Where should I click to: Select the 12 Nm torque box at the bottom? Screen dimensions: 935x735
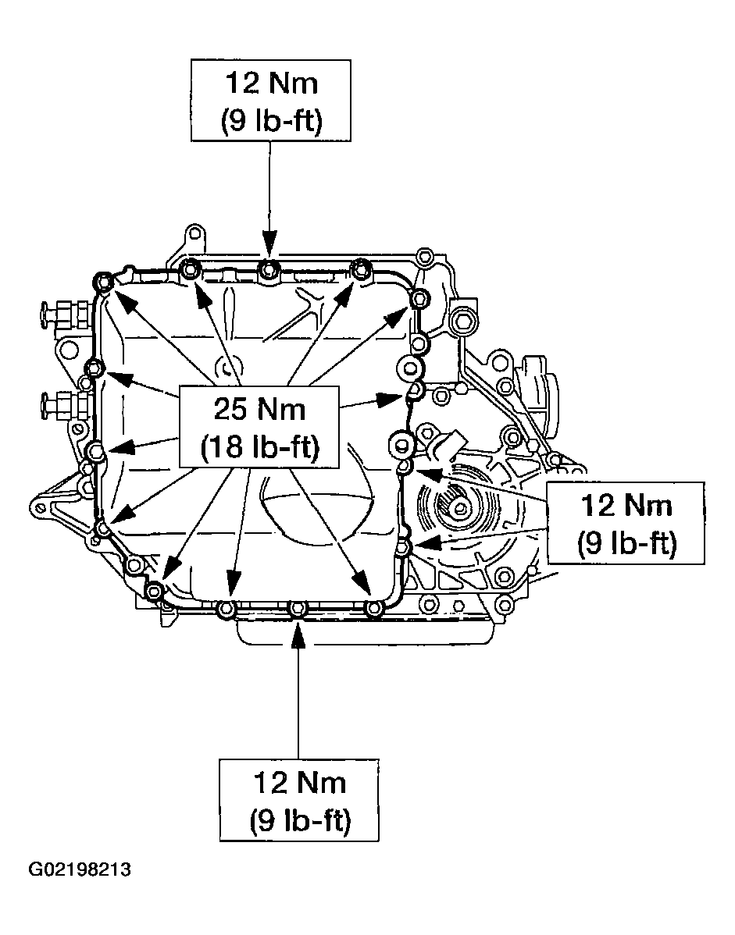coord(299,799)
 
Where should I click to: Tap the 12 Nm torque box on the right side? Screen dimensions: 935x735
coord(626,523)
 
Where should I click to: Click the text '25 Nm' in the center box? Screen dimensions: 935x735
coord(260,409)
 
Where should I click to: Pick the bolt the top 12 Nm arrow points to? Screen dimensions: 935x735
coord(269,269)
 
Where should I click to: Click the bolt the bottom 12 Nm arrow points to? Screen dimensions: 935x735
coord(298,609)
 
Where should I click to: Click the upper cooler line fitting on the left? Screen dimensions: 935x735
coord(59,315)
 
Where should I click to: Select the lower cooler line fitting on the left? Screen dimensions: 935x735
coord(59,405)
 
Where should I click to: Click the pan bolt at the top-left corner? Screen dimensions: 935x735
coord(102,281)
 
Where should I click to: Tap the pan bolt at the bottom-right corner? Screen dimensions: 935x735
coord(374,608)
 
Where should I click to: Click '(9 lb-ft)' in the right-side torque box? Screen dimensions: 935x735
coord(626,543)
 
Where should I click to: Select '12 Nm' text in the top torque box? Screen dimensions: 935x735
coord(269,82)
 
